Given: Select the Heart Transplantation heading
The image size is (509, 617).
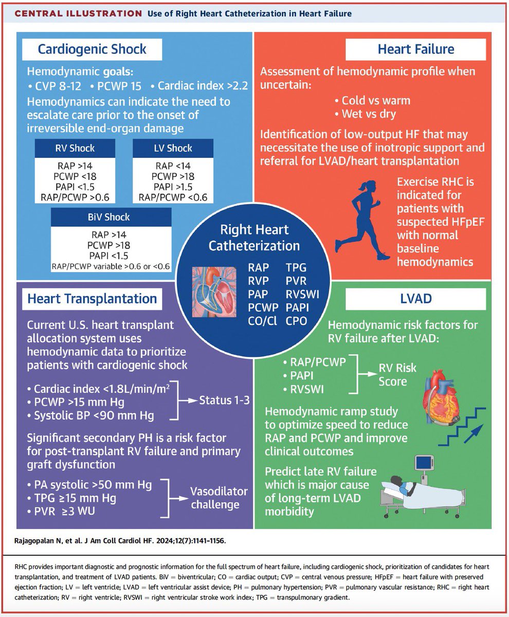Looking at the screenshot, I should coord(93,298).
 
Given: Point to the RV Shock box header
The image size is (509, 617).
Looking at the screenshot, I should coord(76,148).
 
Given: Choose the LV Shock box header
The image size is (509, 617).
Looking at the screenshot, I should coord(173,148).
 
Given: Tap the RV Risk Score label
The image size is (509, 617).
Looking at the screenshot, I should coord(397,375).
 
